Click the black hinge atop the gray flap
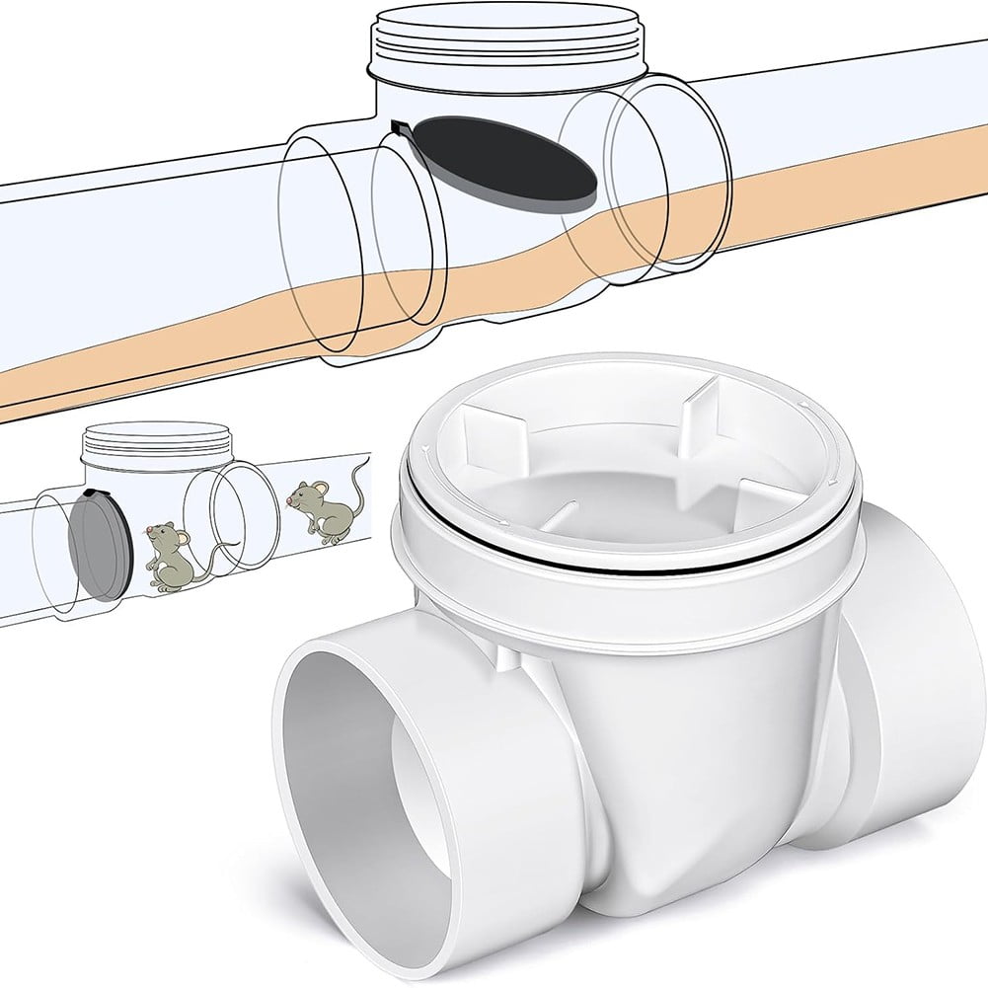point(93,492)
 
